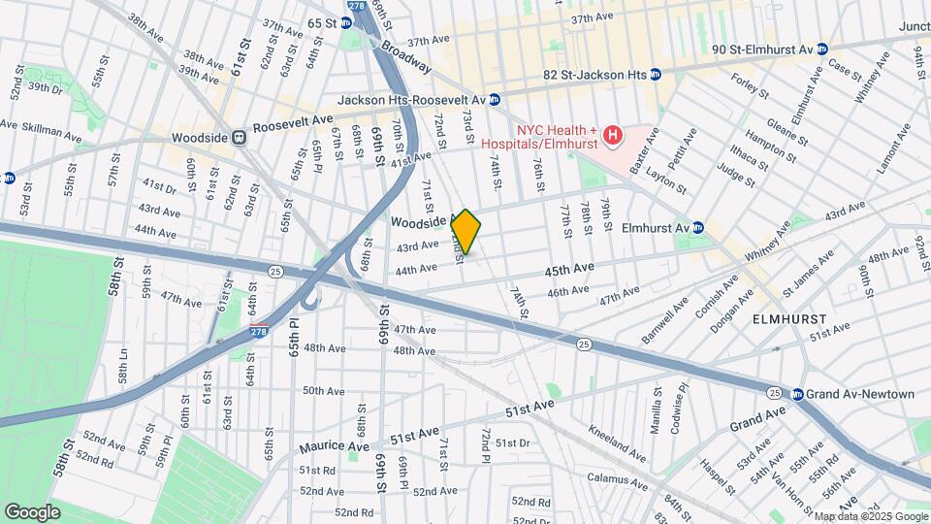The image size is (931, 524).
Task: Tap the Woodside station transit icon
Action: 239,138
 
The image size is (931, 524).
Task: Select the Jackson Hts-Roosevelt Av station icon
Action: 495,99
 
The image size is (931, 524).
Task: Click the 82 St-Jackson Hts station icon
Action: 656,74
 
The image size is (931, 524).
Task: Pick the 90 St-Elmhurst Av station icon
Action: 821,49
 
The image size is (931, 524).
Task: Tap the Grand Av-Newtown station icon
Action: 798,394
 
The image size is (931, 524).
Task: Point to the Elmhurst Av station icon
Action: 698,228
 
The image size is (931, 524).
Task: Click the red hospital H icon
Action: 612,134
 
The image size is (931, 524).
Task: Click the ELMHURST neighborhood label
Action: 789,318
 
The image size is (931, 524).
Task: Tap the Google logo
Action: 32,511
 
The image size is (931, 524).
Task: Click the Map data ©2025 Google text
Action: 870,516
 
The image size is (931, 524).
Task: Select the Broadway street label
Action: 406,55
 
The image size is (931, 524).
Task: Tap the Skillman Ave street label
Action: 49,132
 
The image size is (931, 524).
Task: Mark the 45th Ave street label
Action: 569,268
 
